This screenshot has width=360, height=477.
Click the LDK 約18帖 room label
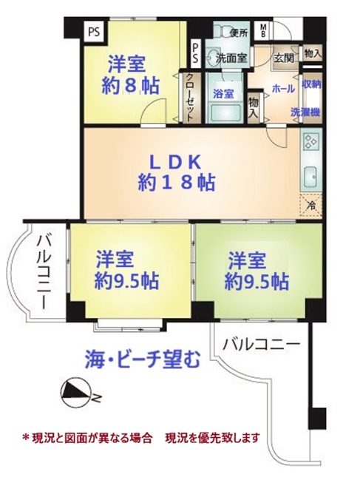coord(177,172)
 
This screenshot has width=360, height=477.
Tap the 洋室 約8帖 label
coord(130,75)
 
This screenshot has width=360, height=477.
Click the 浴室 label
coord(223,94)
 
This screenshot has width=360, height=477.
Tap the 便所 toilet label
coord(239,33)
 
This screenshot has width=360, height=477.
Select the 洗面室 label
coord(231,58)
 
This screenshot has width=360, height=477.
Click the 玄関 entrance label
coord(284,58)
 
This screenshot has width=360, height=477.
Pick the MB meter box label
coord(262,31)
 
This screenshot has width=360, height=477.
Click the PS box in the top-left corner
coord(94,32)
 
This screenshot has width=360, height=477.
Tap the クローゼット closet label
coord(190,97)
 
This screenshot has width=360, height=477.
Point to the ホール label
coord(283,89)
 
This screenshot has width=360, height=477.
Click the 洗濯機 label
coord(305,112)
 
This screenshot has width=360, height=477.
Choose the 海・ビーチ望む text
coord(143,359)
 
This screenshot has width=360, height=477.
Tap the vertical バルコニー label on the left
coord(43,273)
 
